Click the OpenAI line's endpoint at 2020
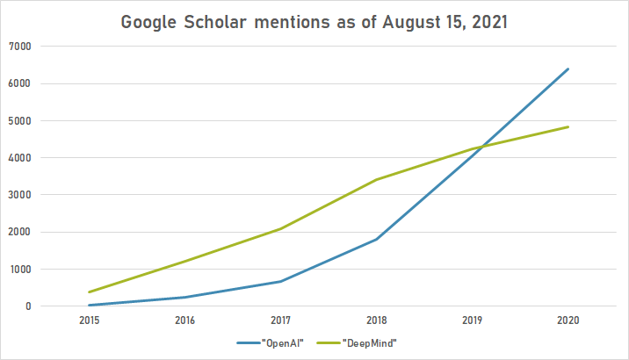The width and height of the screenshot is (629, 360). [568, 68]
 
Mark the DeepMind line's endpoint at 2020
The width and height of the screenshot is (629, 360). [568, 126]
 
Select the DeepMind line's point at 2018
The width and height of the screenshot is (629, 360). [376, 180]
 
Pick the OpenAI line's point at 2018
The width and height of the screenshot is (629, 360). [376, 239]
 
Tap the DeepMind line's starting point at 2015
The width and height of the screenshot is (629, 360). [88, 292]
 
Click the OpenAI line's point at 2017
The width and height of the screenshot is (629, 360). [280, 282]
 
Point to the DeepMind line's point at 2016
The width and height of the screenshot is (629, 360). [184, 262]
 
